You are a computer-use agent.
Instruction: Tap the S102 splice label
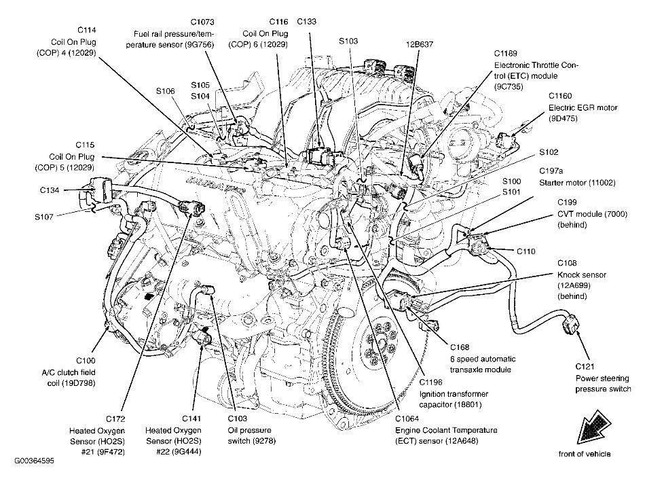550,152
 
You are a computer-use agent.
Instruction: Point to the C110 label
526,251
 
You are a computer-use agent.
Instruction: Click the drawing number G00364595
33,460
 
